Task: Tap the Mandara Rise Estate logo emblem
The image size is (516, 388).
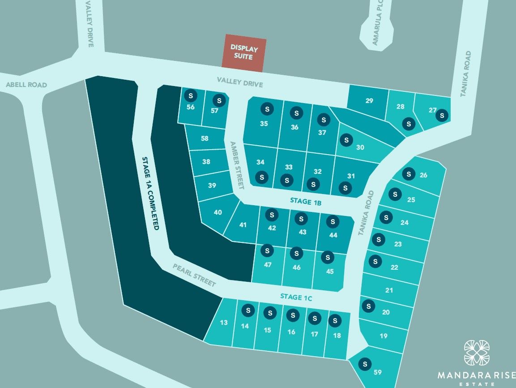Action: point(477,353)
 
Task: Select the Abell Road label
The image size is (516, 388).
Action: point(26,85)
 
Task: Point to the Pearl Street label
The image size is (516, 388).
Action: point(194,275)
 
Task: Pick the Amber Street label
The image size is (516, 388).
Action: point(237,165)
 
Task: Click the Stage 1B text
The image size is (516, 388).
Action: point(306,201)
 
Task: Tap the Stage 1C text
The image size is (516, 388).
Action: point(296,296)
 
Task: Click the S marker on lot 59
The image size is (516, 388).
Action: point(365,363)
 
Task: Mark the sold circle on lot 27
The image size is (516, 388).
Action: point(442,115)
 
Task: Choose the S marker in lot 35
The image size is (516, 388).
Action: point(268,109)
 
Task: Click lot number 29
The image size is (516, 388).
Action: point(369,101)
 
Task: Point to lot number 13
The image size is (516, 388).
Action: point(224,323)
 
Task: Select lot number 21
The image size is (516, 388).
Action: point(389,290)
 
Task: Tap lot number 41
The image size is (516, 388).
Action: point(243,225)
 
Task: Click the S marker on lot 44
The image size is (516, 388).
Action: point(333,221)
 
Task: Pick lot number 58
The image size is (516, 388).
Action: point(205,138)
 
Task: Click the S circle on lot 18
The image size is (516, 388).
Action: point(335,320)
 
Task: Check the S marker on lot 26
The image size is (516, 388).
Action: point(408,174)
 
